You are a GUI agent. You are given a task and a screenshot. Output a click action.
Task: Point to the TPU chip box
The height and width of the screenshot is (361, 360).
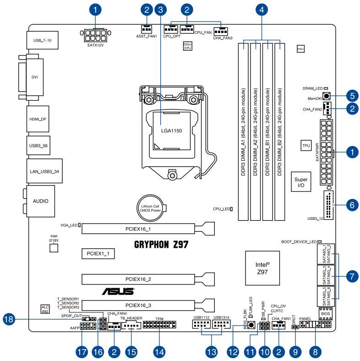[306, 146]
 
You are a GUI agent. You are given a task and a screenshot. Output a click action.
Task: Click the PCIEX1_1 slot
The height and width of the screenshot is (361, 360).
[98, 253]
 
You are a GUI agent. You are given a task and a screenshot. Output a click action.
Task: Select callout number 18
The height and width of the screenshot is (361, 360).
[8, 321]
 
